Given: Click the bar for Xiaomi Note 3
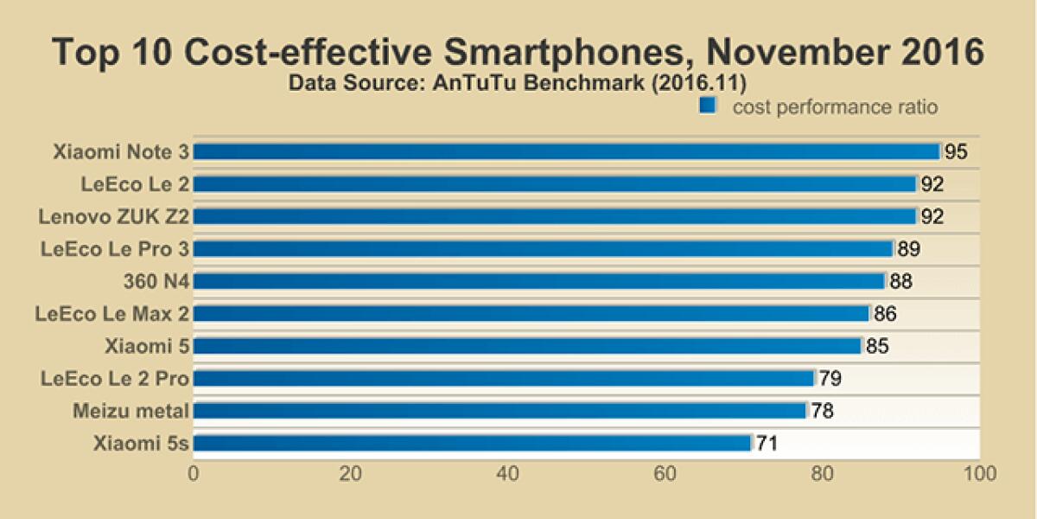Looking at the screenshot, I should pos(566,151).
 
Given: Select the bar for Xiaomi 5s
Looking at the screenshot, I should pos(473,444).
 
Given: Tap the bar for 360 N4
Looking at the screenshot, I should pos(539,281).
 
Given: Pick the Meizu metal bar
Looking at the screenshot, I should pos(499,411).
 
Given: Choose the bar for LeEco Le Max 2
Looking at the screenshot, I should pos(531,313).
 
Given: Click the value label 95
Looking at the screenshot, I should pos(955,152).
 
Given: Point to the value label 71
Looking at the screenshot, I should pos(767,445).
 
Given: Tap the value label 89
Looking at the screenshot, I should pos(908,250).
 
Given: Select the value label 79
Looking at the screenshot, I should pos(830,379).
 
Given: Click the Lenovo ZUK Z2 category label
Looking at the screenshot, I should pos(114,216).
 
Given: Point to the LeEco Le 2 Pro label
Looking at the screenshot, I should pos(115,378).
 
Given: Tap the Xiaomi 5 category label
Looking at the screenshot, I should pos(147,346).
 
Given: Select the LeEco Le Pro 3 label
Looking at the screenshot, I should pos(115,249).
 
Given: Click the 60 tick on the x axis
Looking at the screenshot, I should pos(665,474).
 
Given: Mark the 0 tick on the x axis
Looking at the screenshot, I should pos(194,474).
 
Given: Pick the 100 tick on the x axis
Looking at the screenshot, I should pos(978,474).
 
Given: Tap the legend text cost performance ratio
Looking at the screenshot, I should pos(835,107).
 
